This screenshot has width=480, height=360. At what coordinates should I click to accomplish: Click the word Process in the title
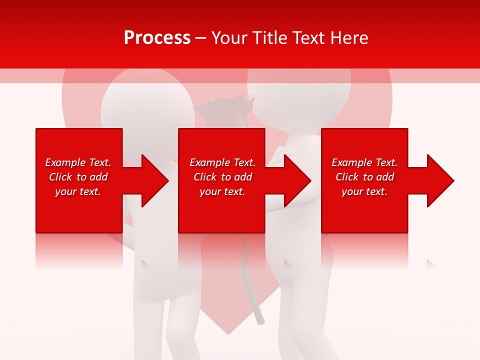tap(157, 38)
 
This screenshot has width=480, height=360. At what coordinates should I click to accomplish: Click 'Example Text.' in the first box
tap(78, 162)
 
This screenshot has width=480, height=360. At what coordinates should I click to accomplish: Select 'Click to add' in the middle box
tap(222, 177)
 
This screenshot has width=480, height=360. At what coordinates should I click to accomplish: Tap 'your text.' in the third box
tap(364, 191)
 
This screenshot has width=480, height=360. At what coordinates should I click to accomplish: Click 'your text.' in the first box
tap(78, 191)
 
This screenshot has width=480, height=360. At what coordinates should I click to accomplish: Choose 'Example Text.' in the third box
tap(364, 162)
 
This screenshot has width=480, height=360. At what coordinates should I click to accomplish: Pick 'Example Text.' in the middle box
tap(222, 162)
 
